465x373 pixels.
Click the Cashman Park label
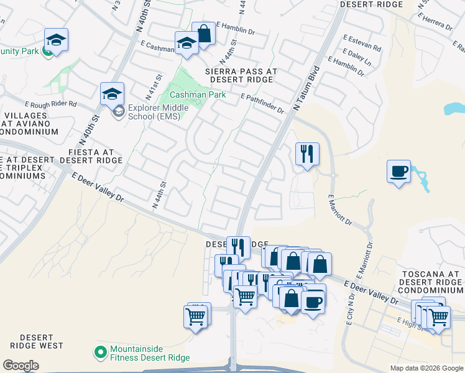(x=189, y=95)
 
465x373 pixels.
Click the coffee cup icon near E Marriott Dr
(x=398, y=171)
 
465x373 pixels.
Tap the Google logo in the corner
(x=21, y=366)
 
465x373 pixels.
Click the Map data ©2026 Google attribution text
(x=427, y=368)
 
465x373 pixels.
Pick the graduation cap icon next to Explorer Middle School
(x=112, y=94)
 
